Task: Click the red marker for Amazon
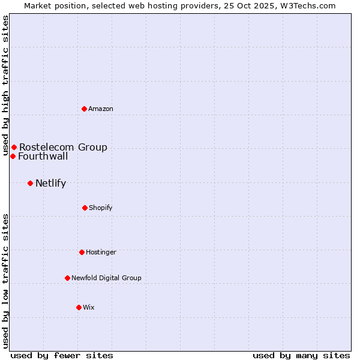point(85,109)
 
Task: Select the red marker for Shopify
point(85,208)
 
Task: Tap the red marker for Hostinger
point(82,252)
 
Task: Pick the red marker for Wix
point(79,307)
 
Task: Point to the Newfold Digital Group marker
point(67,278)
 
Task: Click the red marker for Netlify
point(30,183)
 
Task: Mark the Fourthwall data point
point(13,156)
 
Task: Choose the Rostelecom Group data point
point(14,147)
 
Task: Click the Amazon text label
point(101,109)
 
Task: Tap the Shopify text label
point(101,208)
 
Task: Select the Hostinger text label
point(101,252)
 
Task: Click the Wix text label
point(89,307)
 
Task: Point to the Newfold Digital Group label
point(106,278)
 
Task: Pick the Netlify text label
point(50,183)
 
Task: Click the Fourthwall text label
point(43,157)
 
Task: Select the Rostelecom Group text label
point(63,147)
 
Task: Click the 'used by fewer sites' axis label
point(62,355)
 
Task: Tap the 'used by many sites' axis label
point(301,355)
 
